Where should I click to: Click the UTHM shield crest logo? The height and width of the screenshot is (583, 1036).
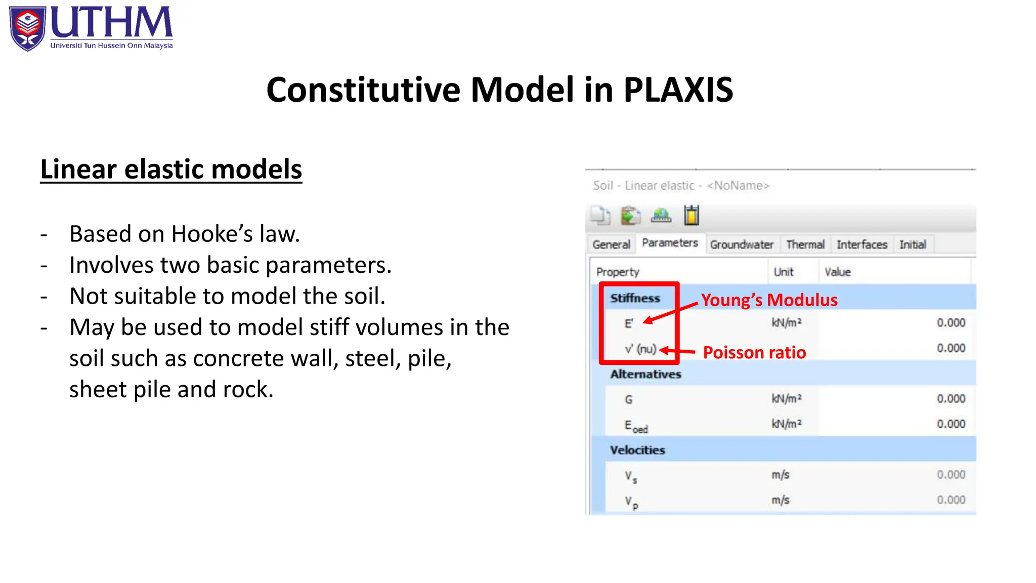28,28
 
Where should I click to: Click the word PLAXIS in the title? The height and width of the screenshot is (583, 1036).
678,90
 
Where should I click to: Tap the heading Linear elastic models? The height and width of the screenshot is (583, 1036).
171,169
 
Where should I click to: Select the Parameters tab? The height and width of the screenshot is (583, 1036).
670,243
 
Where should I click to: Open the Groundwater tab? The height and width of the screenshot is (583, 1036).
742,245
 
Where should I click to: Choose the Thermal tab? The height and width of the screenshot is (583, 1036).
805,245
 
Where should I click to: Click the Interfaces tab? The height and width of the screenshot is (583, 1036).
861,245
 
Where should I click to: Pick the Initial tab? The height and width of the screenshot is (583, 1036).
913,245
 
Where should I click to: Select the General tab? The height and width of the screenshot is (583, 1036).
611,245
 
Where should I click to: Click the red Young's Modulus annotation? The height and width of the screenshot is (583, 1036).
769,300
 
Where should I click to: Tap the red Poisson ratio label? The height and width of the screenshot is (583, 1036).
754,353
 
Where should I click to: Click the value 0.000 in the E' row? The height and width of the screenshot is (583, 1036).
951,323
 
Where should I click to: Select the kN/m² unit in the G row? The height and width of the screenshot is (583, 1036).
787,399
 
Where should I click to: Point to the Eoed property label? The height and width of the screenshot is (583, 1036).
635,426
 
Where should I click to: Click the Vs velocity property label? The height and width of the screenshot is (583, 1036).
630,476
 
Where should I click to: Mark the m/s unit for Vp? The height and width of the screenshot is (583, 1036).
780,501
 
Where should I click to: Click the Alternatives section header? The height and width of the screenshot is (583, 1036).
645,374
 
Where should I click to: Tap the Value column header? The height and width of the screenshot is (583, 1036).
838,272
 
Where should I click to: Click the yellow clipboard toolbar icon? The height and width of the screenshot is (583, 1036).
692,216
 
